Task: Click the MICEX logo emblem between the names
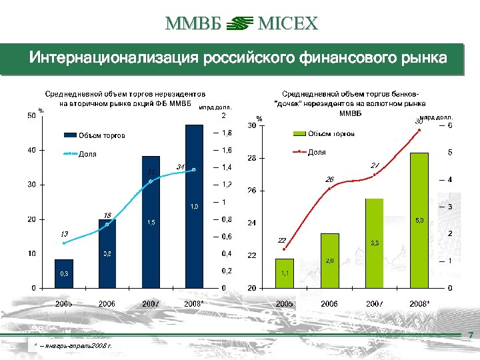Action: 240,25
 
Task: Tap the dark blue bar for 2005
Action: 64,273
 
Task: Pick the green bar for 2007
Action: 375,243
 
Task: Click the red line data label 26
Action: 329,179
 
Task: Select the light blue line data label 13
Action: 64,234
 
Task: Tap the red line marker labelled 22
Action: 285,249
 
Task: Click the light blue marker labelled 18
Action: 107,225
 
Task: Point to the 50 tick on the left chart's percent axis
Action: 32,116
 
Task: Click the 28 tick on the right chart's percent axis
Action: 252,159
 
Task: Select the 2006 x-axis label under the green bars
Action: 329,303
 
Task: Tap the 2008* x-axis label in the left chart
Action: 194,303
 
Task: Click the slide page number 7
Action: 471,335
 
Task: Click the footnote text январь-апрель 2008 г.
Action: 75,347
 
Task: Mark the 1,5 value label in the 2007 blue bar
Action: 151,222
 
